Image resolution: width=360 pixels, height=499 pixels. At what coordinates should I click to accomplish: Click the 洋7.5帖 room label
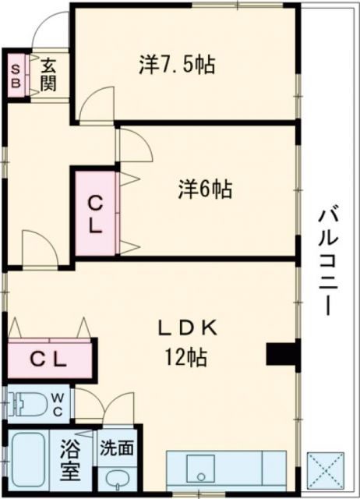(x=177, y=64)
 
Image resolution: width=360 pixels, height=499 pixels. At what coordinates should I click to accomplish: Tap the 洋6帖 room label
(x=205, y=189)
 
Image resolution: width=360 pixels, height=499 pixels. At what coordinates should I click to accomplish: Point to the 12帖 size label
(x=185, y=358)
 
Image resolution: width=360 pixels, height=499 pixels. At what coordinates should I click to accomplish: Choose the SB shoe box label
(x=16, y=75)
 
